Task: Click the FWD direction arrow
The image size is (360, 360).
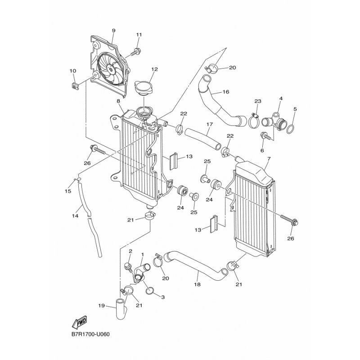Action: [80, 321]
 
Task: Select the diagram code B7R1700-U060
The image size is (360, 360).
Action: [90, 334]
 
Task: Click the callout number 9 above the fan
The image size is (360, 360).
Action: [114, 31]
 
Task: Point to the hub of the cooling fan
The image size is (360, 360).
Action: [111, 69]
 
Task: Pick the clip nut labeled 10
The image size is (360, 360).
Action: [74, 86]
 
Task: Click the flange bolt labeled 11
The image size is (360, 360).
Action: [135, 52]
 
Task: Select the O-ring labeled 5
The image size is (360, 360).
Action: [290, 129]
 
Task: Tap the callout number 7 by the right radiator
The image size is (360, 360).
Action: [269, 158]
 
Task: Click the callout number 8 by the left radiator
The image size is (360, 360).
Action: [118, 101]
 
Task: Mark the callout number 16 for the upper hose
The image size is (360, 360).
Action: [226, 92]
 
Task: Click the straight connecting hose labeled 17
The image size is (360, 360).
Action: [203, 139]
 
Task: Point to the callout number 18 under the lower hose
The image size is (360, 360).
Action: [197, 284]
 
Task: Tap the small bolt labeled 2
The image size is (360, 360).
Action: [128, 267]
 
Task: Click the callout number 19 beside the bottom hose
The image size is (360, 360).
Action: [102, 306]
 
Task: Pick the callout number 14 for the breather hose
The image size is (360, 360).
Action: [75, 216]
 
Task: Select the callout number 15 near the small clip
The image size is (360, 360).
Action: [68, 191]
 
